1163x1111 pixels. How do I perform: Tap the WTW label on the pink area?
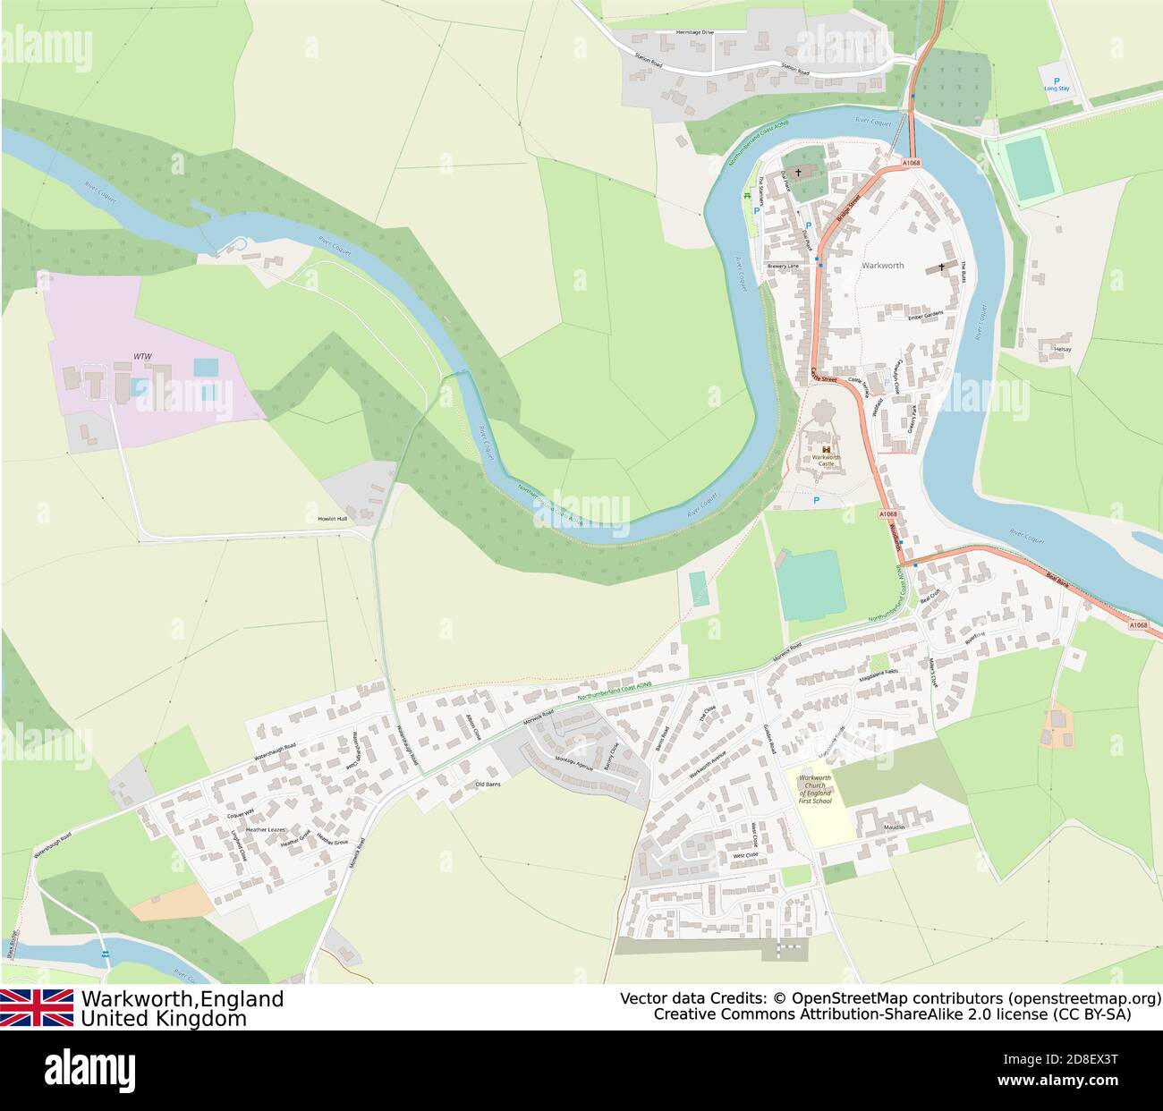click(x=142, y=356)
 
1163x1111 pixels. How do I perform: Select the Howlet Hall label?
click(x=332, y=519)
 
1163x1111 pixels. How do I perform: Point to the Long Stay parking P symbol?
click(x=1057, y=81)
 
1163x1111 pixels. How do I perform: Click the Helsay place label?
click(x=1062, y=349)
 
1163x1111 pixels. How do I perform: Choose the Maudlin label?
click(x=896, y=827)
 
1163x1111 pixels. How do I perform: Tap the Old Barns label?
click(x=488, y=784)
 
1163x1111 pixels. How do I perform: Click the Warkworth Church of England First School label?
click(x=815, y=789)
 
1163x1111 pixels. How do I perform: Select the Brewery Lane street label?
click(x=783, y=267)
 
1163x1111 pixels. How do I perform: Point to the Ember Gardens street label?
click(x=926, y=317)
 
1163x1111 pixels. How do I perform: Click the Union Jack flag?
click(x=37, y=1007)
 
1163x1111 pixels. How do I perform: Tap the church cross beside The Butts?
click(x=941, y=267)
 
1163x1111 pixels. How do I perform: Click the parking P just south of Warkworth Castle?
click(x=815, y=501)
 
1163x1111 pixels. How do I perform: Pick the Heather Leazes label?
click(x=265, y=830)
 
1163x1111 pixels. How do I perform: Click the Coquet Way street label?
click(x=241, y=813)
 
